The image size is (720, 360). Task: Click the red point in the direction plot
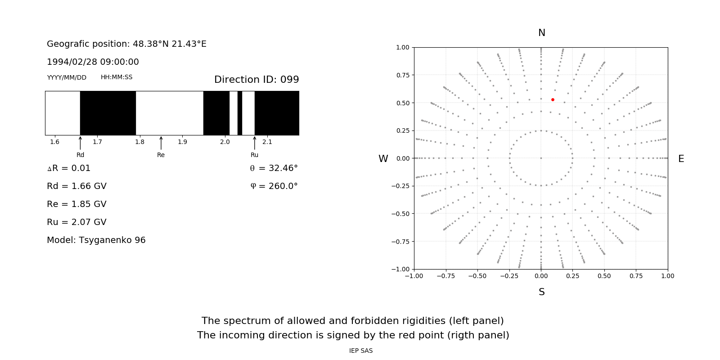coord(553,99)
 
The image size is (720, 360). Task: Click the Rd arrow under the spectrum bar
coord(80,143)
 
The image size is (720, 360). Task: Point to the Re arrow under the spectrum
coord(161,143)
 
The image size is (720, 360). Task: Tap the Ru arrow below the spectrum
coord(255,143)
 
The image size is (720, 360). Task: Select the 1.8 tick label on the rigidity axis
coord(140,142)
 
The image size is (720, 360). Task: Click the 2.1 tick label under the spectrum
coord(267,142)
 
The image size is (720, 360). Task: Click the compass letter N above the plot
coord(542,33)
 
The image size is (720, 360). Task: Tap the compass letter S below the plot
coord(542,292)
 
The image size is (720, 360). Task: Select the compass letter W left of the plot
coord(383,159)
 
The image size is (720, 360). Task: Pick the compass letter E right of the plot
coord(681,159)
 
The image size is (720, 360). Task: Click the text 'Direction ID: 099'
coord(256,80)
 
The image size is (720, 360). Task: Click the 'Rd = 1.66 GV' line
coord(76,186)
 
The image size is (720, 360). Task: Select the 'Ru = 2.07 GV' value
coord(76,222)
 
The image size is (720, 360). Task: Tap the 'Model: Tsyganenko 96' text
coord(96,240)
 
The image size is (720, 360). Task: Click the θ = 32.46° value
coord(274,168)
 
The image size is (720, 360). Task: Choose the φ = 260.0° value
coord(274,186)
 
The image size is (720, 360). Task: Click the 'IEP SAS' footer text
coord(361,351)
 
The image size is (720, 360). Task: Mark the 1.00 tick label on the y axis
coord(402,47)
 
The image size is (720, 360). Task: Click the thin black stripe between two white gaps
coord(240,113)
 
